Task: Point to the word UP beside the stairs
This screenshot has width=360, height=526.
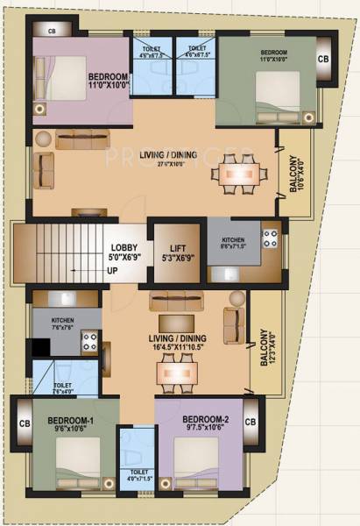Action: coord(113,271)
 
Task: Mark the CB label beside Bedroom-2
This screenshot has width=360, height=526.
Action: coord(250,423)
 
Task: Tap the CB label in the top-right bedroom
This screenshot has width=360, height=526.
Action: coord(322,60)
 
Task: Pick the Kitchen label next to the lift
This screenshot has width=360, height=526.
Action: coord(233,243)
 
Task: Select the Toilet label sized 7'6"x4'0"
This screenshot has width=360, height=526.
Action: coord(63,387)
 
